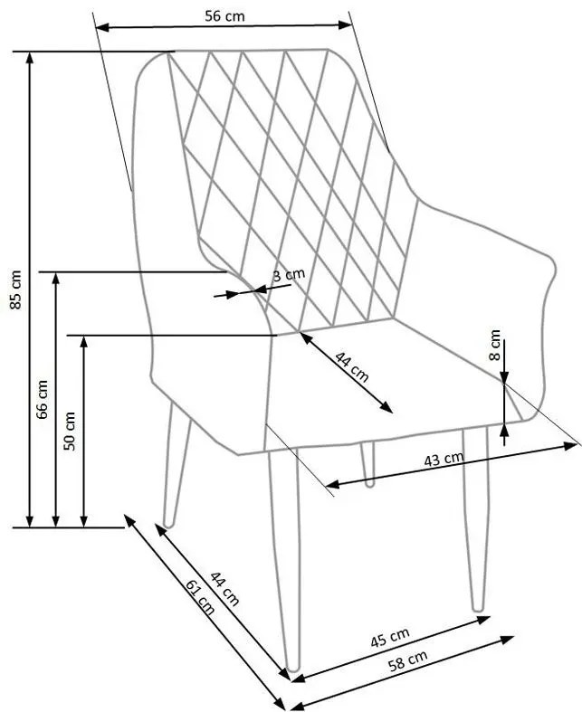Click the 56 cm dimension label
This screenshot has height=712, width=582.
(223, 15)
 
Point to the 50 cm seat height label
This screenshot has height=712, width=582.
(70, 430)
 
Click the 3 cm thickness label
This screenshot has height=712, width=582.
(289, 275)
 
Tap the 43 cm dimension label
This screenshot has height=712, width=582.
(444, 460)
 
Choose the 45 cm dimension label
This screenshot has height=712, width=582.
(390, 639)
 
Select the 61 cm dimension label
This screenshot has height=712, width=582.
(199, 597)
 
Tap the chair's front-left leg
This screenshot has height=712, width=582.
(282, 561)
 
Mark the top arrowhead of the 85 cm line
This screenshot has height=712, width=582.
(31, 56)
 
